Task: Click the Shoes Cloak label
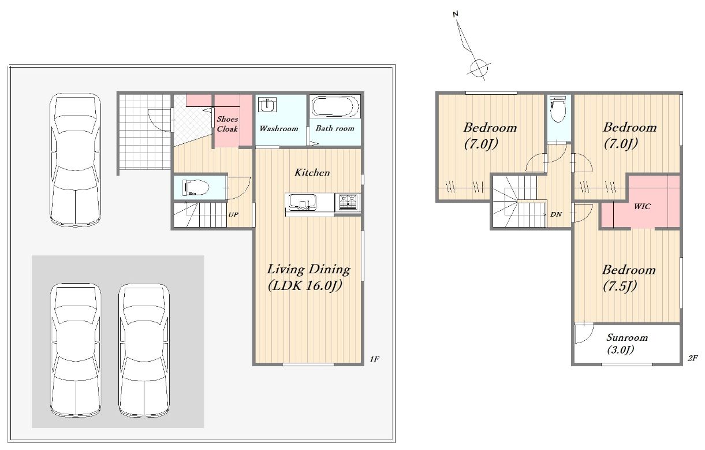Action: click(227, 124)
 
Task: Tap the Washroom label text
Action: click(279, 128)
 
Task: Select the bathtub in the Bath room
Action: click(335, 106)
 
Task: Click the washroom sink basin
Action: click(267, 105)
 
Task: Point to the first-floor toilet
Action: click(196, 188)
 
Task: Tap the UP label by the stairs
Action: click(233, 214)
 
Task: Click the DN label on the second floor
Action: click(556, 214)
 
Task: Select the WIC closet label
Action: click(642, 206)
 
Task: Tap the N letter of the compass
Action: click(456, 14)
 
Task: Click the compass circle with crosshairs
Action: click(479, 68)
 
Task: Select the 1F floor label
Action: click(375, 359)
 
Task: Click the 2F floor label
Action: click(693, 358)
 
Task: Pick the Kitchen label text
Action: click(312, 172)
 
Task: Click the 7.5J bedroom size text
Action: click(620, 286)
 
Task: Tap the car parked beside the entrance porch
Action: click(76, 159)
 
